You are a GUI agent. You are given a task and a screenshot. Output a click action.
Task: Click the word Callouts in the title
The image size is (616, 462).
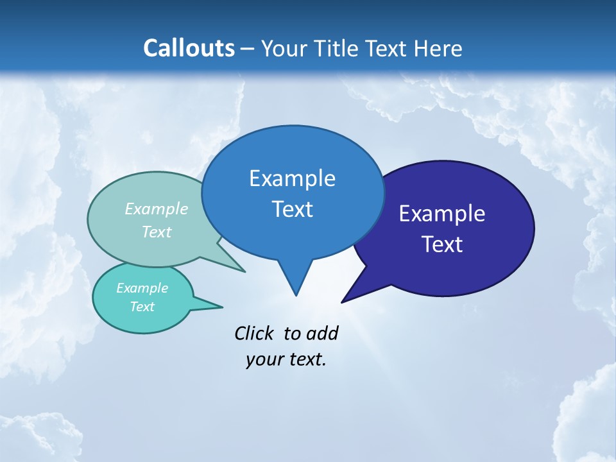coord(189,48)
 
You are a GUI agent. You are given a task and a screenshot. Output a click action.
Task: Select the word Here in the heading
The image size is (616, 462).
coord(438,48)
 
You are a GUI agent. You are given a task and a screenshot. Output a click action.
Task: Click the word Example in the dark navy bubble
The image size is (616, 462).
coord(442,214)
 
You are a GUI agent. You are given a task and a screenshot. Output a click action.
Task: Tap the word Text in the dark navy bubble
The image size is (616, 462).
coord(442,244)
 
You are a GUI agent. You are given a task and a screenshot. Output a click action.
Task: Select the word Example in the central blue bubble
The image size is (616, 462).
coord(292,178)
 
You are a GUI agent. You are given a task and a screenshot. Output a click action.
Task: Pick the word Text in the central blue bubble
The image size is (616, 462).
coord(292,209)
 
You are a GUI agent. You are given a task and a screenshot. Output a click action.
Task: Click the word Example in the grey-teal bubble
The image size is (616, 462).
coord(157,209)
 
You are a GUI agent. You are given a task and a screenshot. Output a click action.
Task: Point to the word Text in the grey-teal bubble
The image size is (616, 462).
coord(157,232)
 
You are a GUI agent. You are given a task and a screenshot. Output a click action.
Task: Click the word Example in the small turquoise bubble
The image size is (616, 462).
coord(142,288)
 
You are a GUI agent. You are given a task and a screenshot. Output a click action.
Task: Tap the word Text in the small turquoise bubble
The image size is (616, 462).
coord(142,307)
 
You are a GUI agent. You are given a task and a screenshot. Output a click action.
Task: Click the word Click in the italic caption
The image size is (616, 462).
coord(254,333)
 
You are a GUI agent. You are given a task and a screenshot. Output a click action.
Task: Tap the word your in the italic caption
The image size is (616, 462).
coord(264,359)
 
